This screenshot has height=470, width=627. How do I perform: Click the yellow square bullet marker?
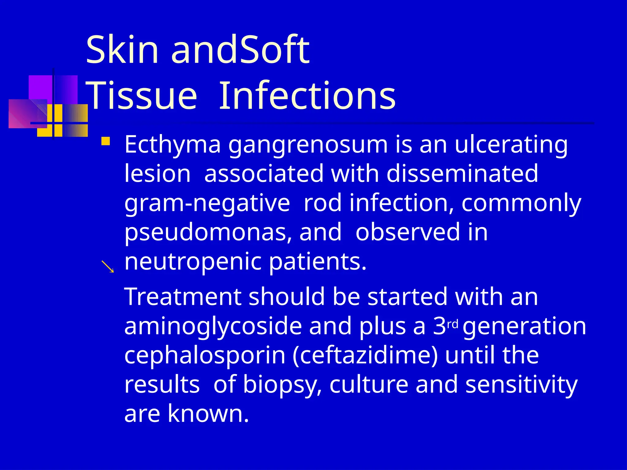pyautogui.click(x=106, y=141)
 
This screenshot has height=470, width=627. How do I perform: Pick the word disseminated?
pyautogui.click(x=462, y=173)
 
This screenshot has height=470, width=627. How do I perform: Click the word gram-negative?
pyautogui.click(x=207, y=203)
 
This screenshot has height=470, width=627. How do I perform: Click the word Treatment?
pyautogui.click(x=183, y=297)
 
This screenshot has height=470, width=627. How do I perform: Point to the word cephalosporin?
pyautogui.click(x=205, y=356)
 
